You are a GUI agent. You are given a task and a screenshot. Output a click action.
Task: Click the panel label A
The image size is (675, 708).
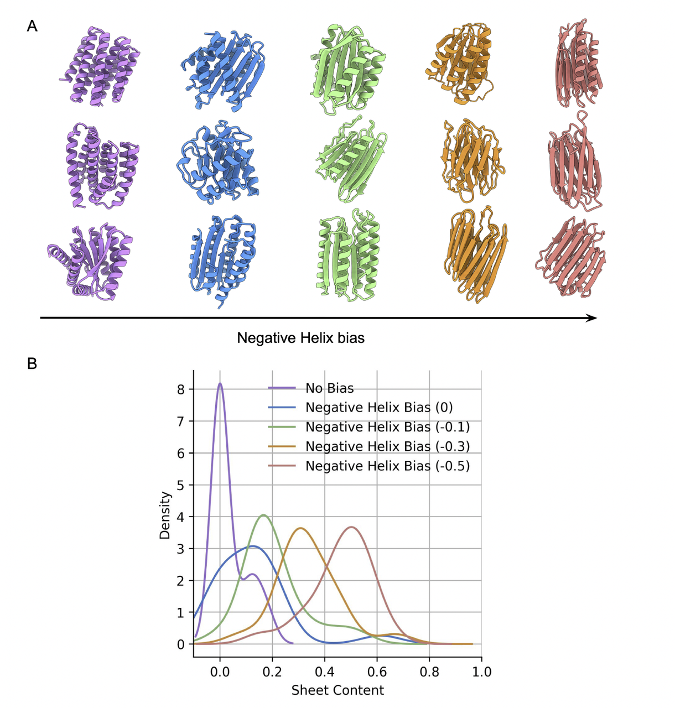point(32,26)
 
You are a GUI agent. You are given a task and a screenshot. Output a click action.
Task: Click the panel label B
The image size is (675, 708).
point(32,363)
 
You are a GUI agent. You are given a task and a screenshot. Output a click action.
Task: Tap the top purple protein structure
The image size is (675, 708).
point(100,65)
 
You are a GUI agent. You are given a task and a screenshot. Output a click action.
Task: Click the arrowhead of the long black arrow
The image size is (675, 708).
point(593,317)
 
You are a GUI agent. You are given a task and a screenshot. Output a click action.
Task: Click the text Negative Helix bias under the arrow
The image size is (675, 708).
point(300,338)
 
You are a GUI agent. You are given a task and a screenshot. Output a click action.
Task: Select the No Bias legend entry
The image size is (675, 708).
point(329,388)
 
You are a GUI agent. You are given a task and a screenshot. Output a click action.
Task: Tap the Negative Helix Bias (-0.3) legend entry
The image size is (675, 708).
point(387,446)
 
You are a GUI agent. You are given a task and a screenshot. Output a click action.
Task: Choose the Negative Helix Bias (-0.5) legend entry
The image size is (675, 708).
point(387,466)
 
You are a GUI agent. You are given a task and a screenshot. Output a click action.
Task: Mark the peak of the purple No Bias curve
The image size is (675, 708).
point(220,383)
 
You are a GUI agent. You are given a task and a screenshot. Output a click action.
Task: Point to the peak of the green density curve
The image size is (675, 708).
point(264,515)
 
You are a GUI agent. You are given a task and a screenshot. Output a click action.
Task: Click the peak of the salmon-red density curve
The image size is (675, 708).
point(351,527)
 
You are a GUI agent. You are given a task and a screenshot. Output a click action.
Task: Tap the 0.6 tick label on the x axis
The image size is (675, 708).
point(377,671)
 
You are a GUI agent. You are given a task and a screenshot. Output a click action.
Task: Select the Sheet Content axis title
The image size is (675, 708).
point(337,690)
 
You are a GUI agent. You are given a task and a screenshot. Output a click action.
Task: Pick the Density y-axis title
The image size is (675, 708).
point(164,515)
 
